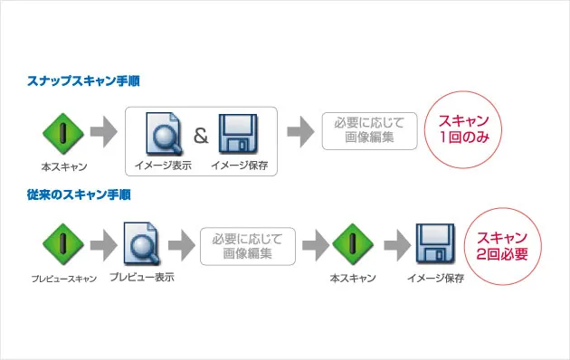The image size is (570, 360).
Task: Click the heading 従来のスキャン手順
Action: click(80, 194)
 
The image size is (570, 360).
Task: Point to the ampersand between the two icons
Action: click(201, 137)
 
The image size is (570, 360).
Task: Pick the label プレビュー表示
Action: click(141, 277)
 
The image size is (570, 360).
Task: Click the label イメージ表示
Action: click(163, 166)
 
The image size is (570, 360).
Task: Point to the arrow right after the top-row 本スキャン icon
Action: click(104, 132)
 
